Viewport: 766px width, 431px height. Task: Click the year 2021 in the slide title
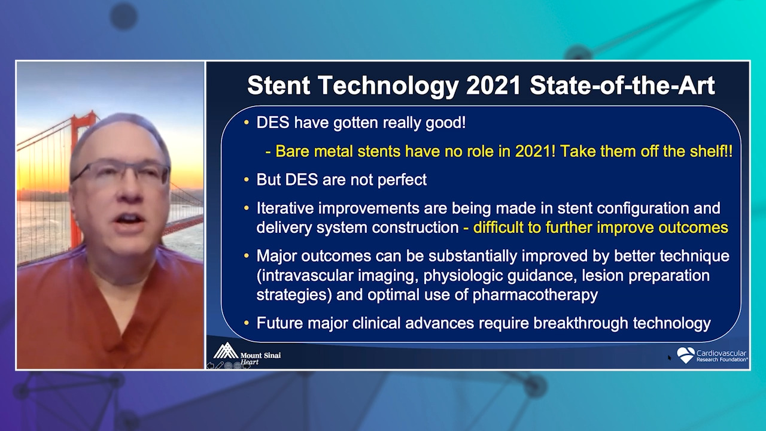pyautogui.click(x=493, y=85)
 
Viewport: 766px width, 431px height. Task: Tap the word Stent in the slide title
pyautogui.click(x=279, y=85)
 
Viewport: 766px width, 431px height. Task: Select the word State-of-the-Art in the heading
pyautogui.click(x=622, y=85)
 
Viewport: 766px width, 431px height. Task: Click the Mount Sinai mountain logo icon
pyautogui.click(x=226, y=351)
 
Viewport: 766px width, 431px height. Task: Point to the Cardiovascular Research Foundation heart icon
pyautogui.click(x=686, y=355)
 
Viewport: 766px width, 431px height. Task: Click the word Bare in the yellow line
pyautogui.click(x=290, y=151)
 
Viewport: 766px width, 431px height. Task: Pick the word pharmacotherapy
pyautogui.click(x=535, y=295)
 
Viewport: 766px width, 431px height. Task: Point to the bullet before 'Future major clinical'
pyautogui.click(x=246, y=323)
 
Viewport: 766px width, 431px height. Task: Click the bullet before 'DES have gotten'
pyautogui.click(x=246, y=122)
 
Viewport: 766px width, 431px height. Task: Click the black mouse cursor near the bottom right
pyautogui.click(x=669, y=358)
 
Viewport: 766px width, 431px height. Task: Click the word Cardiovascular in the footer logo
pyautogui.click(x=721, y=353)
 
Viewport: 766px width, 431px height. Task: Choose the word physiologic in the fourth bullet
pyautogui.click(x=463, y=276)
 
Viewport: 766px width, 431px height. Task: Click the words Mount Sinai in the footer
pyautogui.click(x=260, y=356)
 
